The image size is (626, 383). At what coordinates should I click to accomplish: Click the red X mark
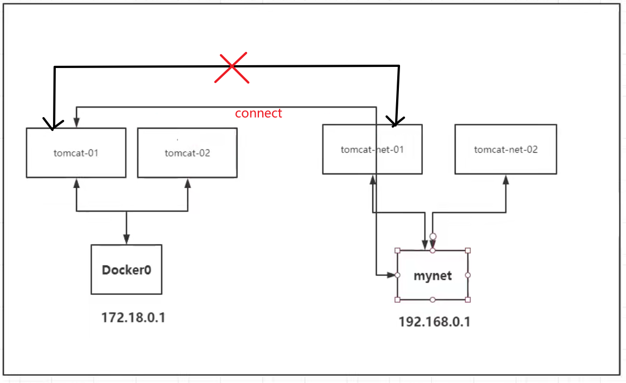[232, 67]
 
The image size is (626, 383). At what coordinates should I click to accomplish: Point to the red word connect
[258, 113]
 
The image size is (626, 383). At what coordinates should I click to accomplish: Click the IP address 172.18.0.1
[133, 318]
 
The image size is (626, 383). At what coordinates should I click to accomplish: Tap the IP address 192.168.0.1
[435, 322]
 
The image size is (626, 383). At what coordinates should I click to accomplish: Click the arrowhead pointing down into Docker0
[127, 239]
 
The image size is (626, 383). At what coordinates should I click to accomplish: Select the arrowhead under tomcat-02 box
[187, 183]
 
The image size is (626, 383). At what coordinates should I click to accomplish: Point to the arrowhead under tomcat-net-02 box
[506, 180]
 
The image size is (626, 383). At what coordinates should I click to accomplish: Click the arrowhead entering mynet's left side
[391, 275]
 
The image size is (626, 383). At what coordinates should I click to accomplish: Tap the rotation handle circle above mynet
[433, 236]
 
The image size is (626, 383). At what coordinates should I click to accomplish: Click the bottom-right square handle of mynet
[468, 299]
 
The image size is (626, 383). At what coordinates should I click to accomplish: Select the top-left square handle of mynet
[397, 250]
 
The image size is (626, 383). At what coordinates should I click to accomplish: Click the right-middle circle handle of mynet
[468, 275]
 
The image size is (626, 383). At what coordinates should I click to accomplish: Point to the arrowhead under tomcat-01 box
[76, 183]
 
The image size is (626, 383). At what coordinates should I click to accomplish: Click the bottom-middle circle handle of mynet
[432, 299]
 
